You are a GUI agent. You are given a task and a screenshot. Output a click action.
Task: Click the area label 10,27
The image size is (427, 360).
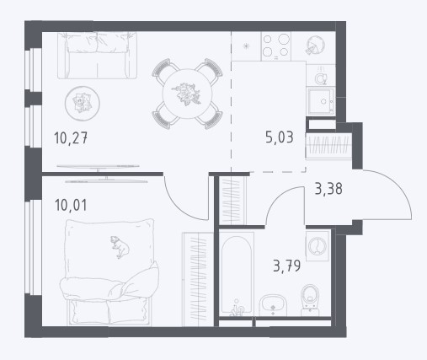[71, 138]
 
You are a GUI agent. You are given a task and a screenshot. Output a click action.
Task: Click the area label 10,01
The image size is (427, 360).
[71, 205]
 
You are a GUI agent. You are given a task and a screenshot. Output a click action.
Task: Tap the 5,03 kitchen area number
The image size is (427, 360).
[280, 137]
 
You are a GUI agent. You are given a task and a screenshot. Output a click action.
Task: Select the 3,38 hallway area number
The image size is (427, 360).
[328, 189]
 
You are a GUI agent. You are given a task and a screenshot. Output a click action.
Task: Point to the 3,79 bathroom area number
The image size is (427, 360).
[286, 266]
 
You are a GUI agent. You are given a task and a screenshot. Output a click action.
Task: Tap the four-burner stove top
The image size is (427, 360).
[276, 46]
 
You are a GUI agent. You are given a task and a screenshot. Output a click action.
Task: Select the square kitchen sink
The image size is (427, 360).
[321, 101]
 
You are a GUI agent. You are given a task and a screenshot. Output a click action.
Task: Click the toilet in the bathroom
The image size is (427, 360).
[310, 300]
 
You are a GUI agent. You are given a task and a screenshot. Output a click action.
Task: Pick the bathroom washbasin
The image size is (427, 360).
[273, 305]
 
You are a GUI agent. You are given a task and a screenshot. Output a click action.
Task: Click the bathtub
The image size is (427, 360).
[237, 275]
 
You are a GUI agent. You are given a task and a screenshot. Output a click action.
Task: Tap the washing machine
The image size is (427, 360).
[318, 246]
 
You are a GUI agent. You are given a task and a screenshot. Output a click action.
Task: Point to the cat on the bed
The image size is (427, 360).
[120, 247]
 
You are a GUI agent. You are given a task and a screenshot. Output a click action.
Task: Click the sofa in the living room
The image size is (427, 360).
[97, 56]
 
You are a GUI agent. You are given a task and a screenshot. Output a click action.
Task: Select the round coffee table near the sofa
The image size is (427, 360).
[83, 104]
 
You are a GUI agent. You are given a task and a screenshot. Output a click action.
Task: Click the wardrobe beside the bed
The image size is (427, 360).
[198, 280]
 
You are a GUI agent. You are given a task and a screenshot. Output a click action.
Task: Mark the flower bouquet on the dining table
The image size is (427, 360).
[186, 94]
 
